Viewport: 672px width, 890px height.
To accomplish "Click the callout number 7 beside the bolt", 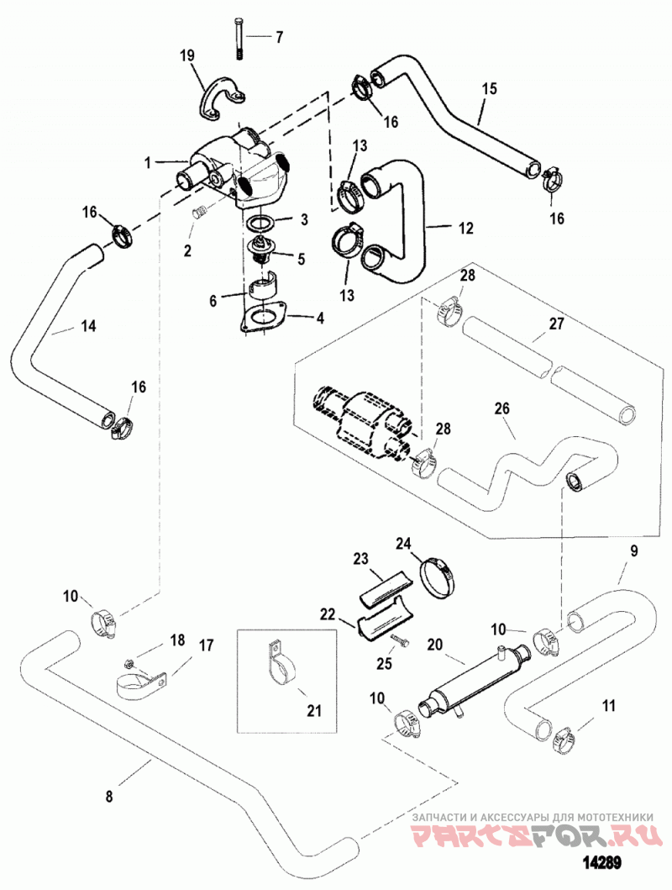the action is [278, 38].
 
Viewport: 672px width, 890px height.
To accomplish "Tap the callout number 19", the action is [187, 55].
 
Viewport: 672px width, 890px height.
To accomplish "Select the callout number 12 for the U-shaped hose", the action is [465, 229].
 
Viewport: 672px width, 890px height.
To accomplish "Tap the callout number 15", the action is [490, 89].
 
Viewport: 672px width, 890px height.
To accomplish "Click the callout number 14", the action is [88, 326].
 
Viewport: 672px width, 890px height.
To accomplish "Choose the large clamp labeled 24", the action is [438, 577].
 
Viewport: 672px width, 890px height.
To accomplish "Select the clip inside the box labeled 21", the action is [279, 664].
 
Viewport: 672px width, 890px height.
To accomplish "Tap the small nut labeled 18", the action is [129, 662].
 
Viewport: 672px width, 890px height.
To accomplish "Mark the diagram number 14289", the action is [602, 861].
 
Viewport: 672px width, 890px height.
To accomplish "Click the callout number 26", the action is [501, 408].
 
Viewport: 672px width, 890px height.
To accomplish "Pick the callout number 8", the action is [109, 797].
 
